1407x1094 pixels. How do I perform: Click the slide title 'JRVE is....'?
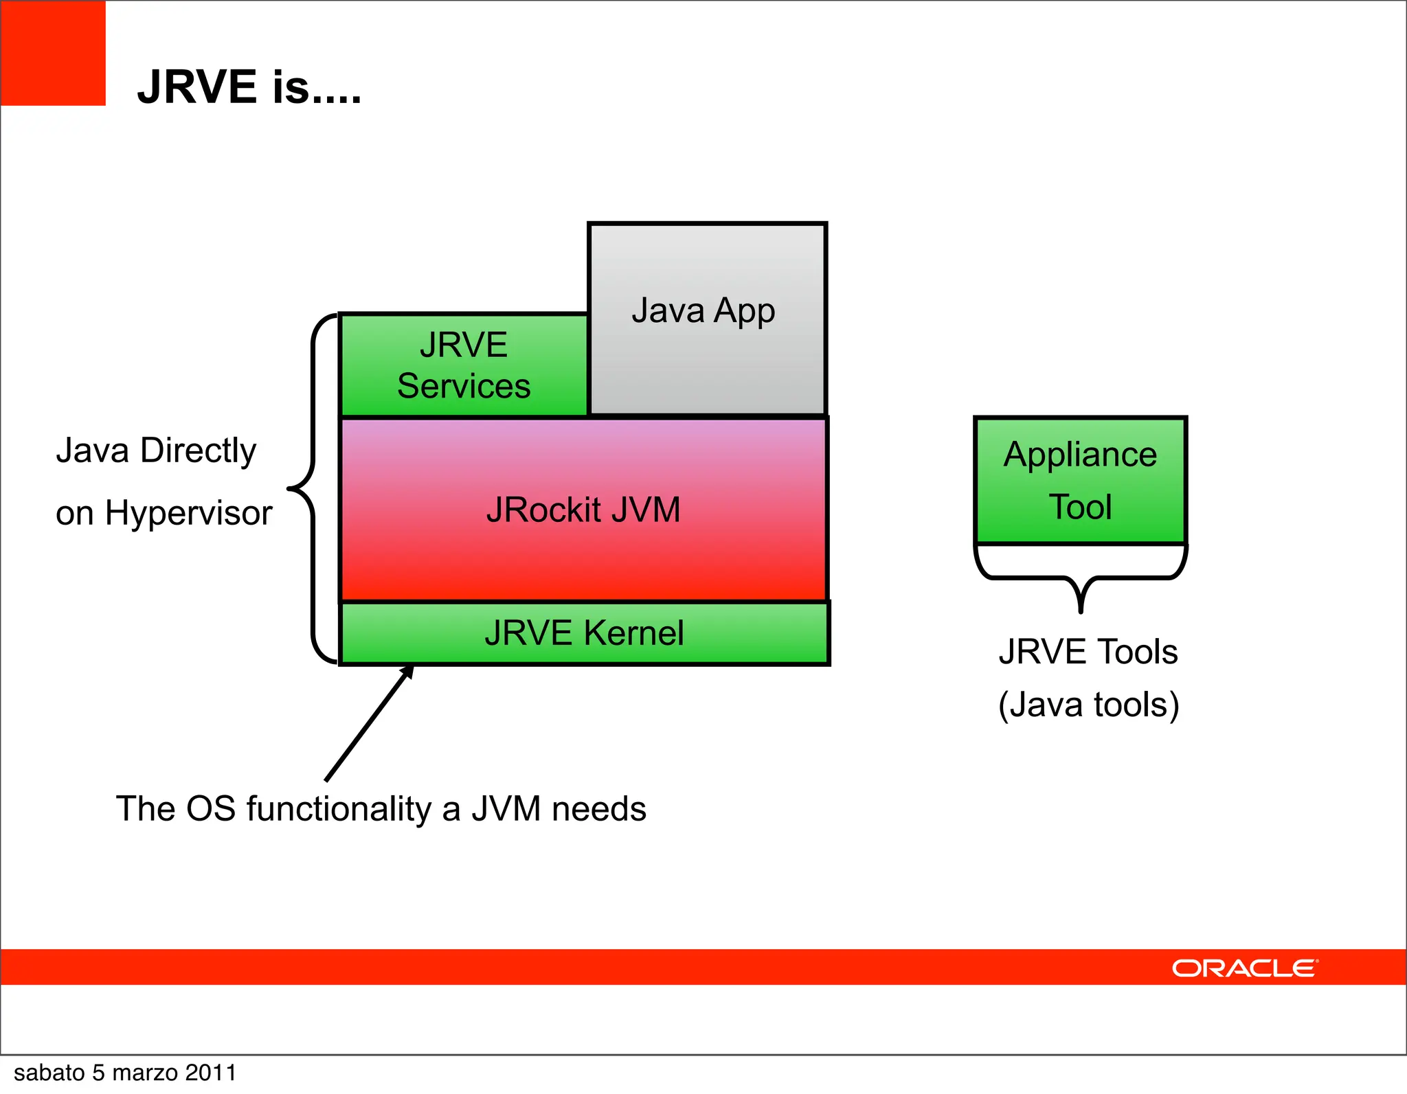249,87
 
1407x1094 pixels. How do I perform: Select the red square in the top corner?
52,53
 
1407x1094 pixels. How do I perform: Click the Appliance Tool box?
1080,480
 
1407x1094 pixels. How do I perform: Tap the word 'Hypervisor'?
189,513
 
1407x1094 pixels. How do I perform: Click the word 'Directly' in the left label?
198,451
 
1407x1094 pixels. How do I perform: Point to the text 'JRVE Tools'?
1088,652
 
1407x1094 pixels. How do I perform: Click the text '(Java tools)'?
1088,705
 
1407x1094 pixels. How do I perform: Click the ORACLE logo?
1244,968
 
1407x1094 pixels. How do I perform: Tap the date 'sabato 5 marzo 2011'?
125,1073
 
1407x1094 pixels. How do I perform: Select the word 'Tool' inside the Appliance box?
1080,507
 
